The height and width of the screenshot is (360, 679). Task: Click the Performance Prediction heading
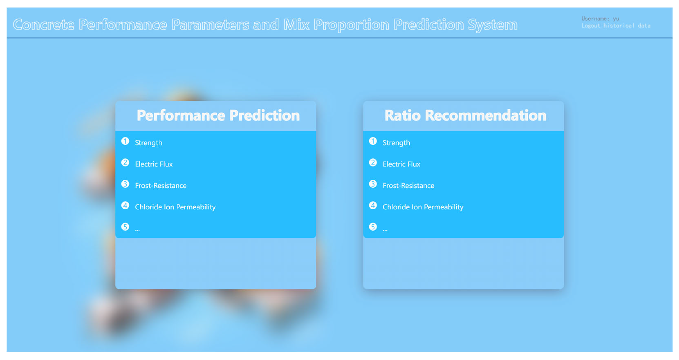218,115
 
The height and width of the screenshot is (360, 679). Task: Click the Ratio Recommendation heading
465,115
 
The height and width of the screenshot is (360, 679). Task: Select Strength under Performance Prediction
149,143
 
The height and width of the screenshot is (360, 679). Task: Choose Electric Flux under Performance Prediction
154,164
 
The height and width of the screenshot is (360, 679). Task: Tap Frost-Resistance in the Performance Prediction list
161,186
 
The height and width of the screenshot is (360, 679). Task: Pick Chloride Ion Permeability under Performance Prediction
175,207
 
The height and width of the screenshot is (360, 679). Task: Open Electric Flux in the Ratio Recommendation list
401,164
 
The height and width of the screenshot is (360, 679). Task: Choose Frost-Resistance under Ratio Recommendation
408,186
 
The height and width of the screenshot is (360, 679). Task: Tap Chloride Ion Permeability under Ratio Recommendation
423,207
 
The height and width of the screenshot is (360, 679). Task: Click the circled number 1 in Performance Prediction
125,141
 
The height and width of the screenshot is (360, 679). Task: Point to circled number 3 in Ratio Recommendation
373,184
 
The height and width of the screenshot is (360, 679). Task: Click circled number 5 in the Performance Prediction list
125,227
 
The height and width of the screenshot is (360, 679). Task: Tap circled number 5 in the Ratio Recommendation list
373,227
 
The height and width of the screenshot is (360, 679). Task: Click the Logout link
590,26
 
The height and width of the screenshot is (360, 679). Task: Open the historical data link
627,26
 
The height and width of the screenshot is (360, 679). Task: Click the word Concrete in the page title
44,25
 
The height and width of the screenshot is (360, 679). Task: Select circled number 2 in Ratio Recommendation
373,163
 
